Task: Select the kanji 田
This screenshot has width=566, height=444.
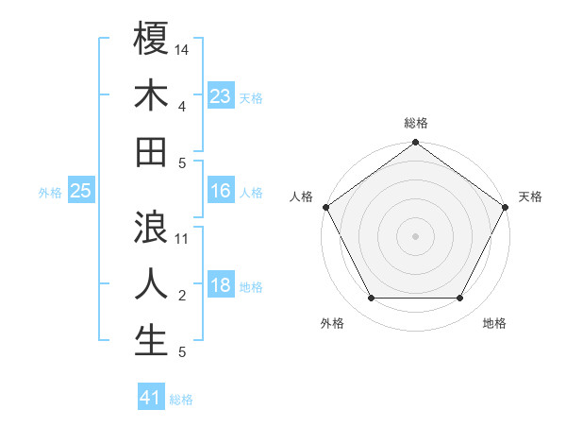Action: [x=151, y=151]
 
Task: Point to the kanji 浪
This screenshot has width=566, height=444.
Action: [x=151, y=227]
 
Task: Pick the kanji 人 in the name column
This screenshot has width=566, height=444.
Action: [x=151, y=283]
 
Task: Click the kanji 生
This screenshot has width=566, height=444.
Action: [x=151, y=340]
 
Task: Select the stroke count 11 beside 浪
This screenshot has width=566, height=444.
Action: [x=182, y=238]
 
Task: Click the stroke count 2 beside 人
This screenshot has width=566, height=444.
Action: [x=181, y=296]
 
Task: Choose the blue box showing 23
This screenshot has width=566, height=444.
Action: [x=220, y=95]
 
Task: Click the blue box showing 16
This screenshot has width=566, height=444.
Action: [x=220, y=191]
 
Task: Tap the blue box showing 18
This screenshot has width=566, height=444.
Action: [x=220, y=285]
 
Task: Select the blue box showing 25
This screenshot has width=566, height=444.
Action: [x=80, y=191]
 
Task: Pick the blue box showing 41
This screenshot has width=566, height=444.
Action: [x=151, y=398]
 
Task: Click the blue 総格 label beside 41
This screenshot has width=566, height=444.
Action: [x=181, y=400]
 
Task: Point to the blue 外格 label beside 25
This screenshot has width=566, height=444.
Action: [x=50, y=192]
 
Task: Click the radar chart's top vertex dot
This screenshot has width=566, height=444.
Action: [x=415, y=143]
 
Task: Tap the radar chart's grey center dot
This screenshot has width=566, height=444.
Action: [x=415, y=235]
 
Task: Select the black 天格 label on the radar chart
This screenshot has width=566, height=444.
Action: [x=530, y=196]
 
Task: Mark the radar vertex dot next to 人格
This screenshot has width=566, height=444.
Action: [x=326, y=207]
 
